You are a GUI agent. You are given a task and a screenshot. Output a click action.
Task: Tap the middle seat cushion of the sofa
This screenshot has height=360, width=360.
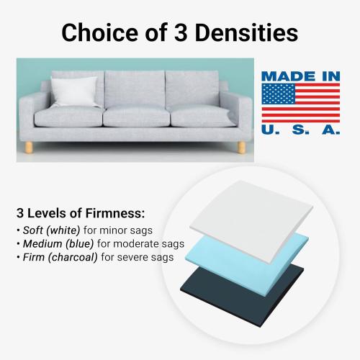coord(134,115)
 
